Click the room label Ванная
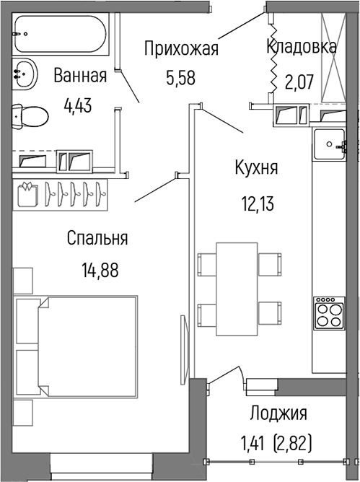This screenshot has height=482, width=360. click(x=80, y=75)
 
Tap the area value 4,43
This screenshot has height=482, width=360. click(x=79, y=107)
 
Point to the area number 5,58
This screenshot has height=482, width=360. click(x=181, y=76)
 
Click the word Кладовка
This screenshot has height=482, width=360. click(x=301, y=47)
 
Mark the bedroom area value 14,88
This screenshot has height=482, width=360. click(x=100, y=271)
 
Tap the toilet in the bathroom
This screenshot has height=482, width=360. click(x=30, y=115)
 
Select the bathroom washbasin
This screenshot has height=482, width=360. click(x=25, y=73)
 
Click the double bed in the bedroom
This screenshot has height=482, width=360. click(x=79, y=346)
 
